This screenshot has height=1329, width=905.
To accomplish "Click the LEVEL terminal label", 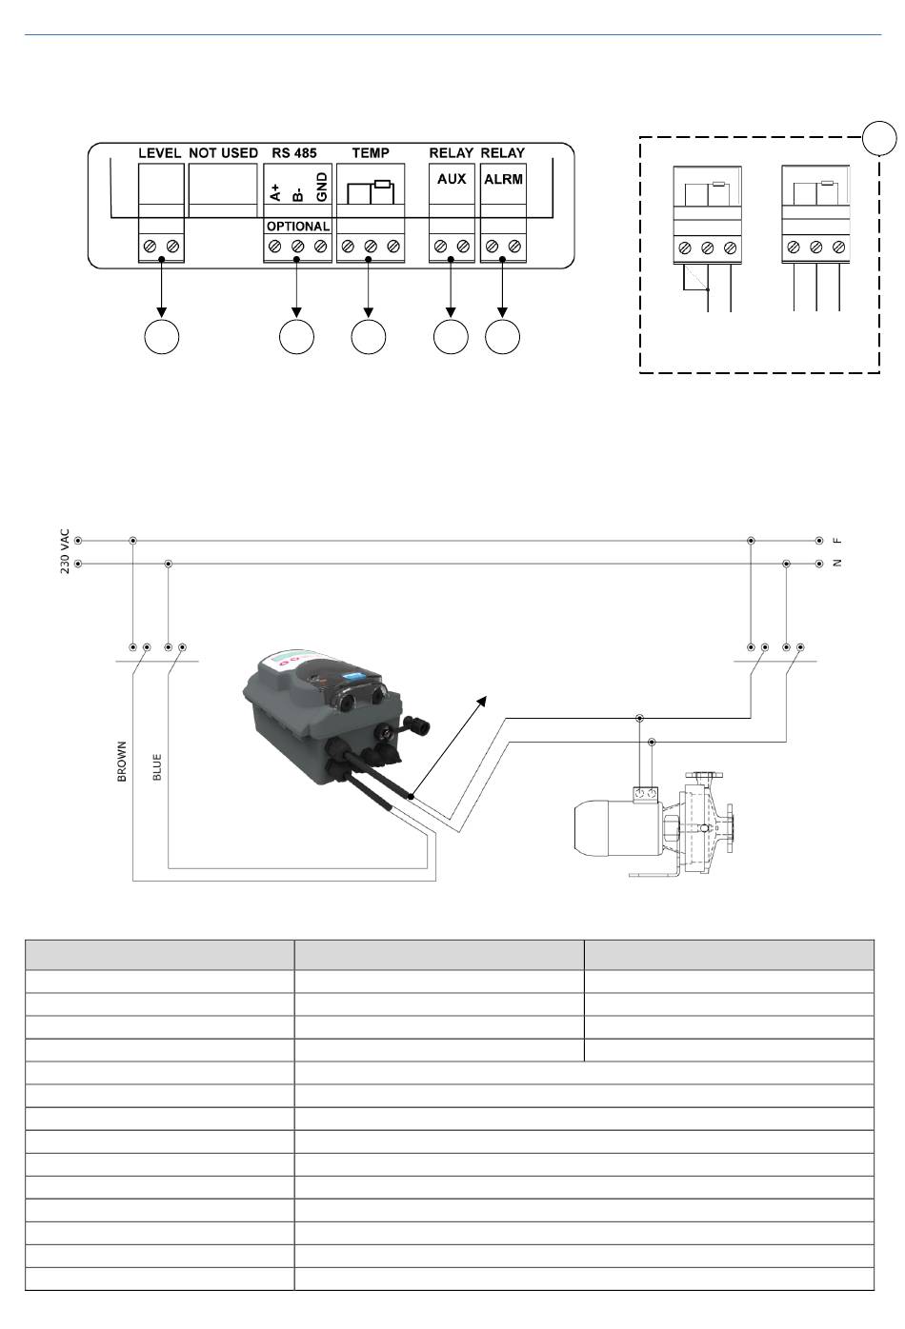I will pos(160,152).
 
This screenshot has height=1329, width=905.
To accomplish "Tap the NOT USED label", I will pos(223,152).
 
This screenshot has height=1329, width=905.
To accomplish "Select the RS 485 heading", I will pos(294,152).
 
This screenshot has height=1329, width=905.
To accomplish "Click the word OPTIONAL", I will pos(297,227).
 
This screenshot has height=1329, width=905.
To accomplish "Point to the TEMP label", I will pos(371,152).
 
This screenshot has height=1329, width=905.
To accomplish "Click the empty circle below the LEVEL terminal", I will pos(161,337).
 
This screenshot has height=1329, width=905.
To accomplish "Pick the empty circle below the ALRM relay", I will pos(503,337).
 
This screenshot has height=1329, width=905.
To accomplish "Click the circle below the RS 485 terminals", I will pos(296,337).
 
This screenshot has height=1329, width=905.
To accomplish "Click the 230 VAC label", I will pos(66,551).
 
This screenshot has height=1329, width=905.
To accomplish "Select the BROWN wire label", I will pos(122,762).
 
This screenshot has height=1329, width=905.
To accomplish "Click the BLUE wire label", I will pos(157,767).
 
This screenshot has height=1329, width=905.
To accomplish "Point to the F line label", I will pos(838,540).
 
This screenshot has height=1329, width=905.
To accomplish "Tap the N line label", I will pos(838,564).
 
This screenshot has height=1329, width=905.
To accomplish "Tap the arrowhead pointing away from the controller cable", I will pos(484,701).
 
